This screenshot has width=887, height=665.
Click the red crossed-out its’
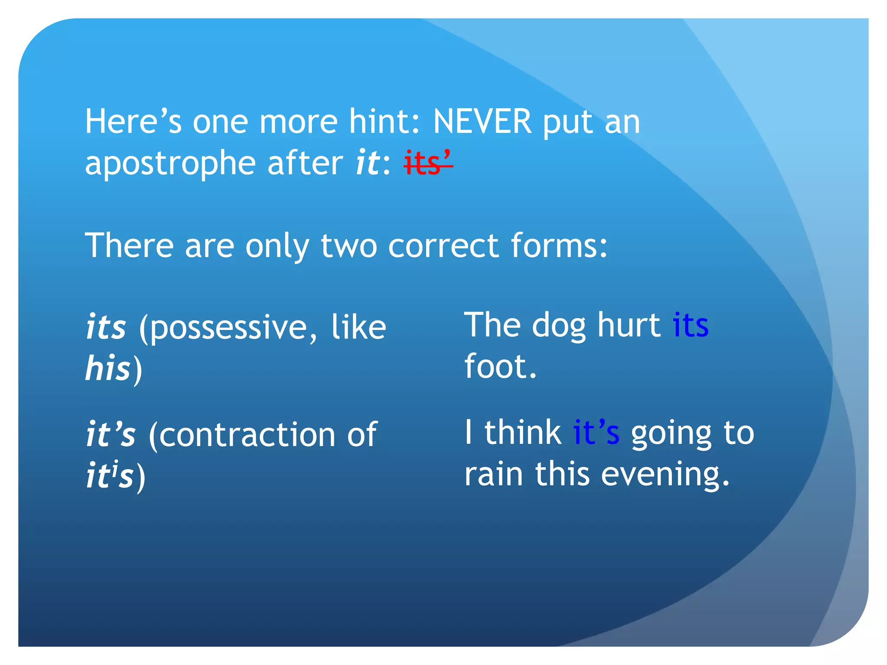tap(428, 164)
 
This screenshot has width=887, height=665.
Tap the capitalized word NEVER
tap(482, 122)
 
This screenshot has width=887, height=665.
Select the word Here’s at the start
tap(133, 122)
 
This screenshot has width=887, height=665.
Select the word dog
tap(559, 326)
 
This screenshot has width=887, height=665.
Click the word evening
tap(665, 475)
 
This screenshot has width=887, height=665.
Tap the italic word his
tap(108, 368)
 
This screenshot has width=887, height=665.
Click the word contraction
tap(247, 435)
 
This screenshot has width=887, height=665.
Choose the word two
tap(349, 245)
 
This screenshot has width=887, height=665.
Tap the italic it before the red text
tap(368, 164)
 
